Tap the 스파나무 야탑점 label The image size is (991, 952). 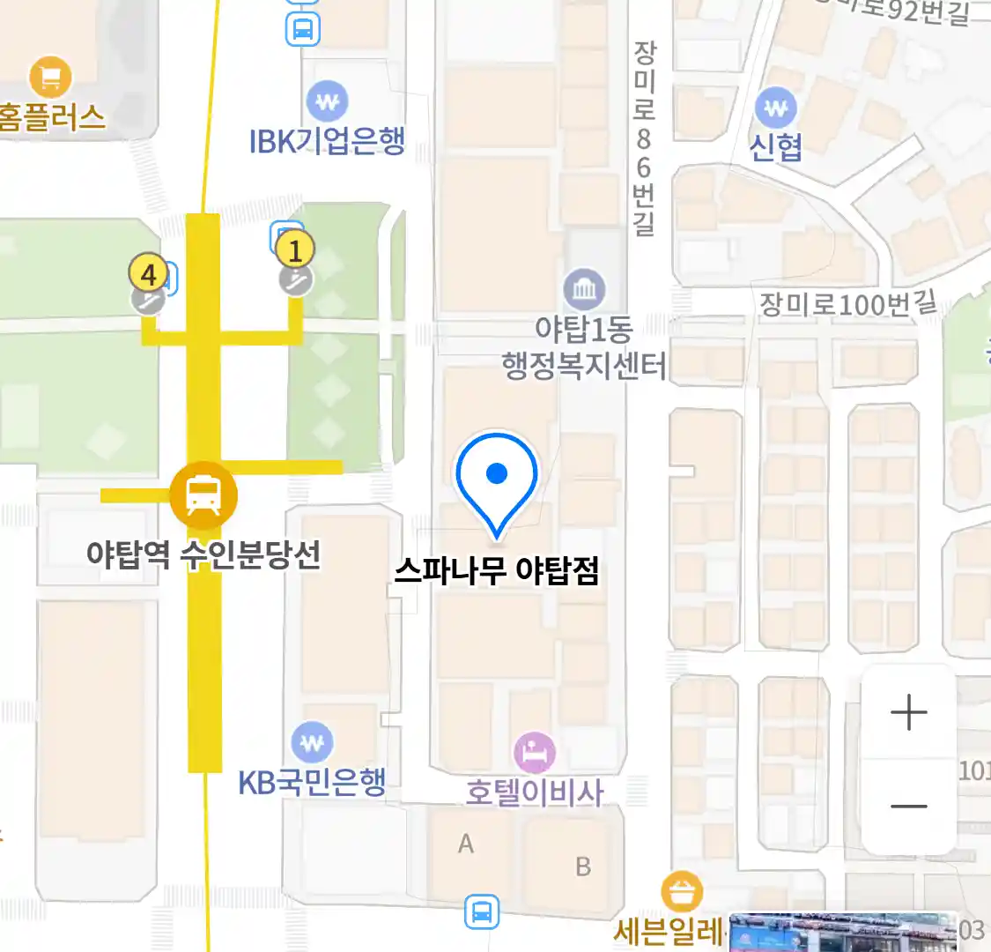coord(497,571)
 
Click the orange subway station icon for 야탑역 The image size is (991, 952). coord(203,495)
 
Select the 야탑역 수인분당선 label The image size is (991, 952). coord(203,554)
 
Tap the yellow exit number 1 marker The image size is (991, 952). coord(295,250)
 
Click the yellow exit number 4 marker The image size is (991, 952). coord(148,274)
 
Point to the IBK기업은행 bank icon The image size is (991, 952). coord(327,102)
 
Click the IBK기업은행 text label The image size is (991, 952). coord(327,141)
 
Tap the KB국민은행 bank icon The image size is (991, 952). coord(312,743)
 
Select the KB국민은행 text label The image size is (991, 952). coord(312,782)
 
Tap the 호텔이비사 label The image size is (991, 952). coord(534,792)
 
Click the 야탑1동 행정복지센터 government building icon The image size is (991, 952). coord(584,288)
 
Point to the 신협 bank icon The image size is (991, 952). coord(775,108)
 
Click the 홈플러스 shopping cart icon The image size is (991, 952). coord(50,78)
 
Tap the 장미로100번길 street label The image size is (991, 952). coord(847,304)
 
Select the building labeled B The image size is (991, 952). coord(582,866)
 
